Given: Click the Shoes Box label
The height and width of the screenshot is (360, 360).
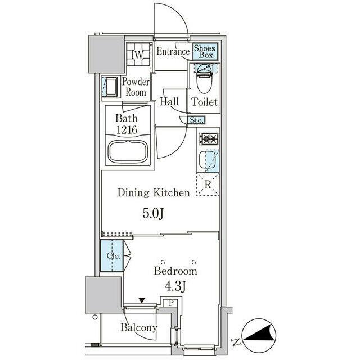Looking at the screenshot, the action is tap(205, 52).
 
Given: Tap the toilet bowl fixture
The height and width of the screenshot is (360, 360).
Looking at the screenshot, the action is tap(204, 79).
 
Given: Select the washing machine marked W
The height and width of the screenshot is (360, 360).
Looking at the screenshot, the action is tap(138, 55).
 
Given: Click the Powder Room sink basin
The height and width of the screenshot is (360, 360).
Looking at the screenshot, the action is tap(111, 87).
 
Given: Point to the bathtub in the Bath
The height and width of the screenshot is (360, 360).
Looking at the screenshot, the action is tap(128, 152).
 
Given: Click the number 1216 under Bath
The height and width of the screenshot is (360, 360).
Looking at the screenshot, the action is tap(127, 130).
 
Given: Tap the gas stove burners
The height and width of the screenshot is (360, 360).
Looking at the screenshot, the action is tap(209, 139).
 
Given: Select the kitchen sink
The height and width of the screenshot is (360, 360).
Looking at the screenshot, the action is tap(208, 159).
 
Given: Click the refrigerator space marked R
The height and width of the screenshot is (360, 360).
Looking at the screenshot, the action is tap(208, 184).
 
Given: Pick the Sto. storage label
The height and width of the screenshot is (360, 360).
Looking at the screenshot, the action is tap(196, 120).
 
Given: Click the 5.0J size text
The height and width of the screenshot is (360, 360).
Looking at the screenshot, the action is tap(153, 214).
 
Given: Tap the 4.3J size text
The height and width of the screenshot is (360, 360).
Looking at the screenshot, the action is tap(175, 286).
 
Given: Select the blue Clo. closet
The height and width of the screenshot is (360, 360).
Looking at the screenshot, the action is tap(112, 255).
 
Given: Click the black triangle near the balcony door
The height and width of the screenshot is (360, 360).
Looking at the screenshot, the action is tap(142, 300).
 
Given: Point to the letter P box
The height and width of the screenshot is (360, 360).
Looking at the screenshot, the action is tap(171, 303).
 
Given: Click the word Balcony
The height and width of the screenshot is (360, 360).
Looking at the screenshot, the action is tap(139, 327).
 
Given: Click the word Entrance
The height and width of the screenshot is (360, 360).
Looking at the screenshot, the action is tap(173, 51).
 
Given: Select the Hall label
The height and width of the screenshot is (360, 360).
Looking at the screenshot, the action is tap(169, 101).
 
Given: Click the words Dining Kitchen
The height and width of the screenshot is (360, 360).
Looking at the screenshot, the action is tap(154, 192).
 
